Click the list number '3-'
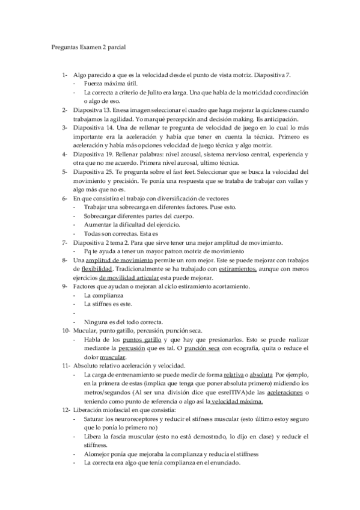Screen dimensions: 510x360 (x=64, y=128)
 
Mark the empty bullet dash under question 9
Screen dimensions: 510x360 (x=74, y=312)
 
